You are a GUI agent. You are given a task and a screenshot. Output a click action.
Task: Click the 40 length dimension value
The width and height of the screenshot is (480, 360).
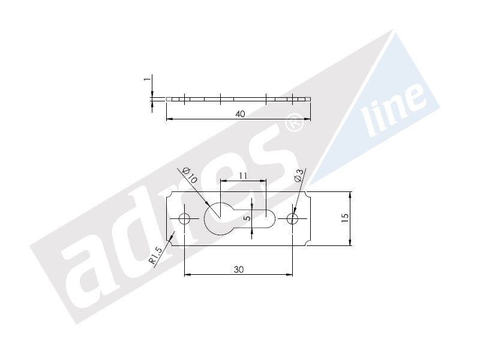(241, 114)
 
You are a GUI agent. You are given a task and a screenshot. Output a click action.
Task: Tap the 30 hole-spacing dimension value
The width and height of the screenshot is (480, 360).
(239, 269)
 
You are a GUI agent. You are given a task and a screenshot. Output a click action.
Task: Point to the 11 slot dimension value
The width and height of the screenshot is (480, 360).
(243, 176)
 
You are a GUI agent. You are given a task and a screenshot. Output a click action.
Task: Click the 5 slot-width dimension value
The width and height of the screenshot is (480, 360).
(248, 218)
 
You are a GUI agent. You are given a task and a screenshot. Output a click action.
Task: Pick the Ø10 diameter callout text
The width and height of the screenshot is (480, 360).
(190, 175)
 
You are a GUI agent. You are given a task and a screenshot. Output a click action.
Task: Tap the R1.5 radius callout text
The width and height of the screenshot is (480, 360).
(156, 256)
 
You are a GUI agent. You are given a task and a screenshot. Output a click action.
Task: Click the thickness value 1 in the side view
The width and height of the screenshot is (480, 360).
(147, 79)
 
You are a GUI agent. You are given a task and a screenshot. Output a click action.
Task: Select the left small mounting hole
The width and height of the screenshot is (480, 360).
(185, 218)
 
